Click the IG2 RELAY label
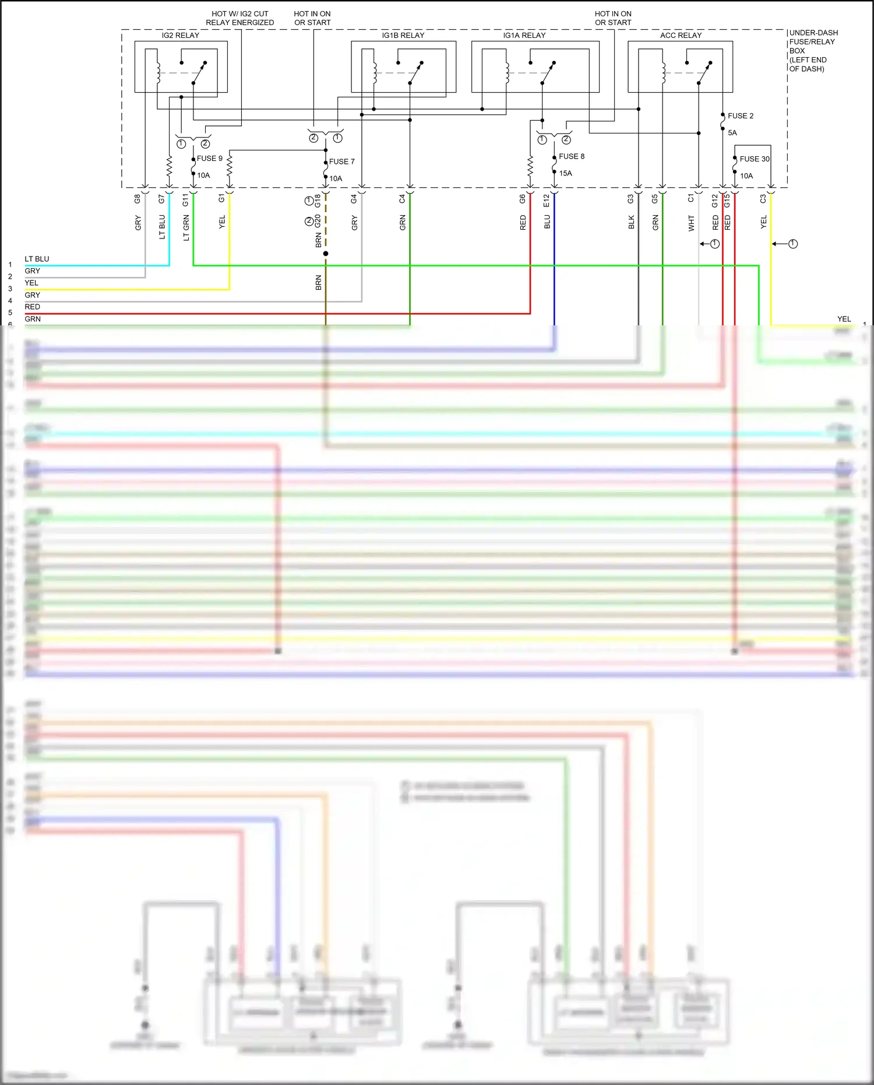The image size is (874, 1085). (180, 36)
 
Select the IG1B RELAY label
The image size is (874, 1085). (403, 36)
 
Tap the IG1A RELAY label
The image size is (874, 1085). (524, 36)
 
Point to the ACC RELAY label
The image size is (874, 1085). (681, 36)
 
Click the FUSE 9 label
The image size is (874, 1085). (209, 159)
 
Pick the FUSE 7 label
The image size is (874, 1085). (341, 161)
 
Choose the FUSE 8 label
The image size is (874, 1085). (571, 156)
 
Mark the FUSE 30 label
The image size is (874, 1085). (754, 159)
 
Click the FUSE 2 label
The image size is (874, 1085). (740, 116)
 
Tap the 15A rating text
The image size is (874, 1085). (565, 173)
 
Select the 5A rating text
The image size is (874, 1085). (732, 133)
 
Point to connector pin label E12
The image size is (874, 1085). (547, 201)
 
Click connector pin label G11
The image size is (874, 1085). (185, 200)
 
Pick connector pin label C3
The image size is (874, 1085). (763, 199)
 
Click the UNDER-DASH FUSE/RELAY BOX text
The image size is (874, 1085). (813, 51)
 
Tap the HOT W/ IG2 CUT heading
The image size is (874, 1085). (239, 14)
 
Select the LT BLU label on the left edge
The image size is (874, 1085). (37, 259)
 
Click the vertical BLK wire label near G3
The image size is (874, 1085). (631, 222)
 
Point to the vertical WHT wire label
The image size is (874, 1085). (691, 223)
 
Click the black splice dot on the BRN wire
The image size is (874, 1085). (326, 254)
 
